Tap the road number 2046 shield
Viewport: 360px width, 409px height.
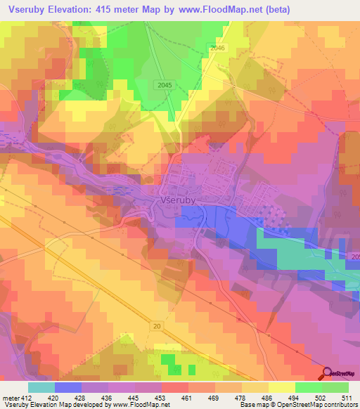pyautogui.click(x=218, y=47)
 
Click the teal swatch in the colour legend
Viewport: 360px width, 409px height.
pyautogui.click(x=41, y=387)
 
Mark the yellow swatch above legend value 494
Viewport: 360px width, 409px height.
pyautogui.click(x=281, y=387)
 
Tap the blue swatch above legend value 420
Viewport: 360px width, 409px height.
pyautogui.click(x=68, y=387)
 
